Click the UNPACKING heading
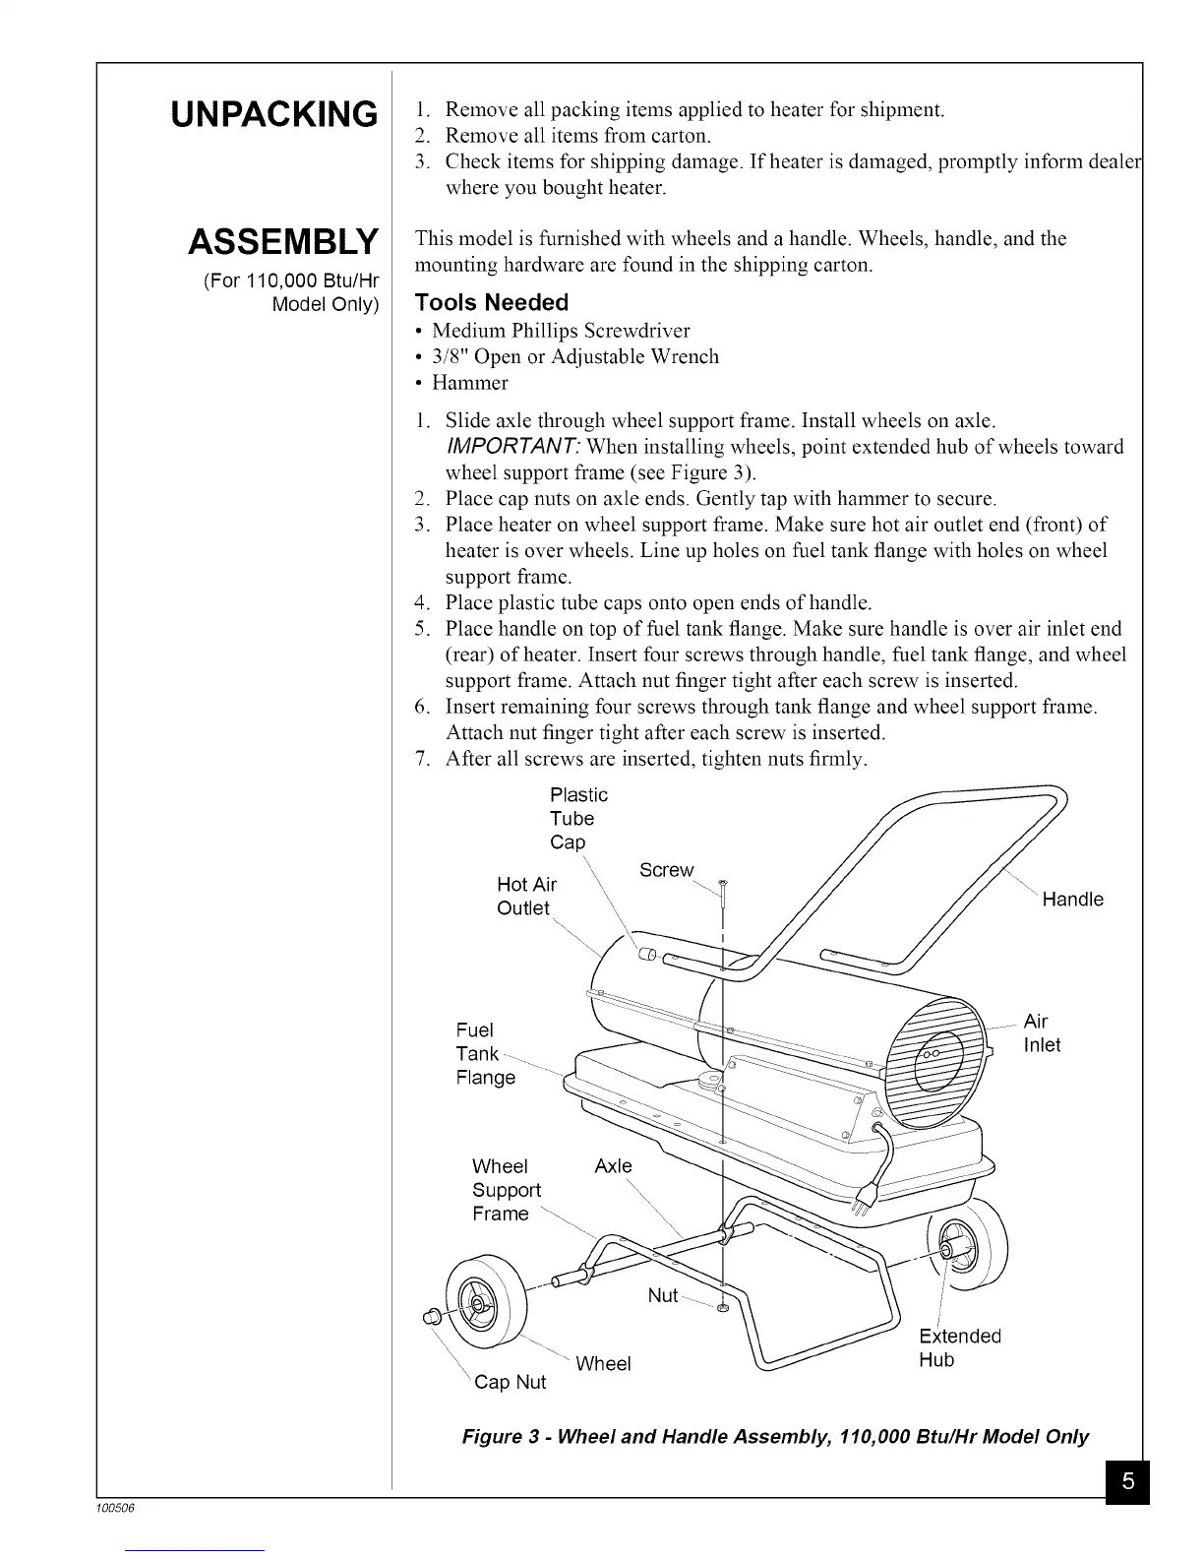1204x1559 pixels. click(x=273, y=114)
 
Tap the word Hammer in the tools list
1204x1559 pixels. click(x=470, y=383)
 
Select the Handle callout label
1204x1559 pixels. click(x=1072, y=900)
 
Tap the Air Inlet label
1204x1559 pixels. click(x=1042, y=1032)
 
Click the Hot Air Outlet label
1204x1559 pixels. click(x=526, y=897)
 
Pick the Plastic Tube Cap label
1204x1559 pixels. click(x=578, y=818)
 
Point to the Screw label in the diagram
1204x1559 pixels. click(x=666, y=870)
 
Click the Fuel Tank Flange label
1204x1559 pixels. click(x=485, y=1054)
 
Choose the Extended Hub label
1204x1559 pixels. click(x=959, y=1347)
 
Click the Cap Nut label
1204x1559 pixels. click(x=510, y=1382)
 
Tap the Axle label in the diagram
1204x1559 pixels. click(x=613, y=1166)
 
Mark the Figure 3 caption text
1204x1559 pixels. click(x=775, y=1436)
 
